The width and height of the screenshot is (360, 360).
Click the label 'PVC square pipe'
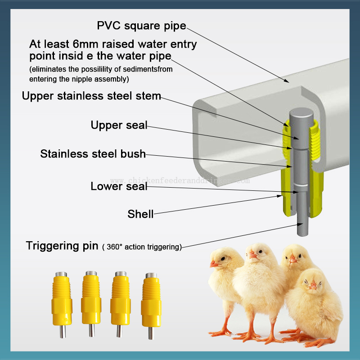coord(141,26)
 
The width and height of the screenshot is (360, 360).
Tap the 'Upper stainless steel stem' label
coord(91,96)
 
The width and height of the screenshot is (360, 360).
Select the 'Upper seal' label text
coord(119,126)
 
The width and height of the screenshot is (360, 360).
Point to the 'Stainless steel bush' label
coord(93,154)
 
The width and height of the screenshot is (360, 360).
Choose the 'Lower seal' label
coord(119,186)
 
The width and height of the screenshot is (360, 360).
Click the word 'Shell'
coord(140,214)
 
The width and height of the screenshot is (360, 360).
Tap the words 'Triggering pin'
coord(62,246)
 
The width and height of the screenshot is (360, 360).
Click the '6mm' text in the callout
coord(85,44)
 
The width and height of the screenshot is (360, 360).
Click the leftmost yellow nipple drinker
coord(62,304)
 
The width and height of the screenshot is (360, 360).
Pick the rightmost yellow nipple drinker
coord(151,306)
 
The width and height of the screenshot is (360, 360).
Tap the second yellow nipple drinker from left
coord(91,303)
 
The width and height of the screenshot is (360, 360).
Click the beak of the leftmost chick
coord(214,264)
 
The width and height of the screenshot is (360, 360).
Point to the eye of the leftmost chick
coord(223,259)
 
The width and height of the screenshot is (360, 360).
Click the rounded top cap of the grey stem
coord(301,114)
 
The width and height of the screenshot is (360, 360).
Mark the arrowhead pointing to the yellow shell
coord(279,196)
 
